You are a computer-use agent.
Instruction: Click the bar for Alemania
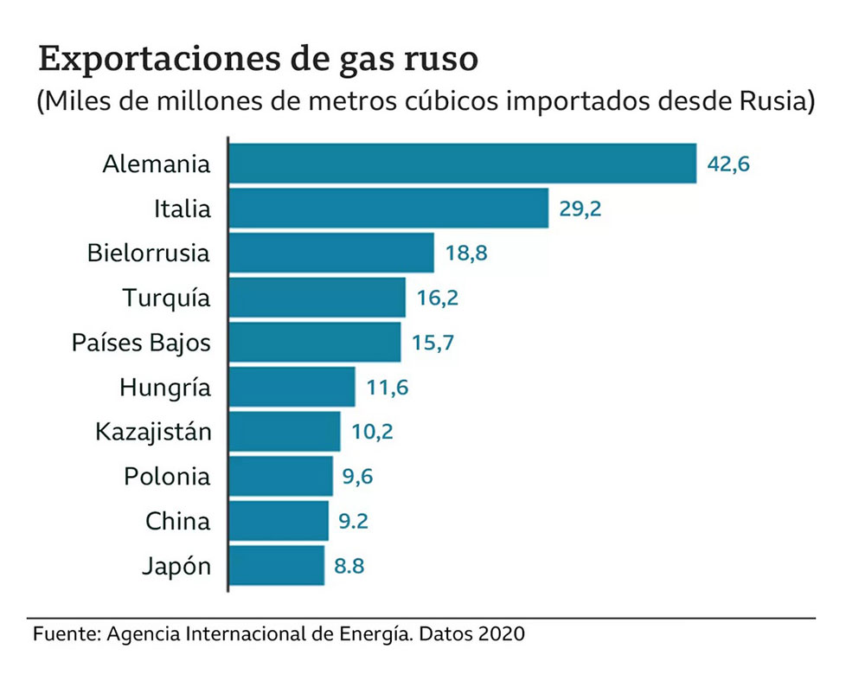click(463, 164)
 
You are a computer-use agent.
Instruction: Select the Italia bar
click(388, 209)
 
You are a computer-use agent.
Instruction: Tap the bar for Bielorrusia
click(331, 254)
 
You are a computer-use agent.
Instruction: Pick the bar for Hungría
click(292, 387)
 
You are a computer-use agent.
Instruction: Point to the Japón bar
click(277, 566)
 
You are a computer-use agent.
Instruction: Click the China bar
click(279, 521)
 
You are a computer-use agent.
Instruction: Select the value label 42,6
click(727, 164)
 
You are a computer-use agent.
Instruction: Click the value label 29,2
click(580, 209)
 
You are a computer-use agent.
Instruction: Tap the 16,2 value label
click(437, 299)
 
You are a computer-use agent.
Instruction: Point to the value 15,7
click(432, 343)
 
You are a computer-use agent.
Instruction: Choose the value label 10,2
click(372, 431)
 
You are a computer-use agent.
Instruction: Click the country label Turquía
click(166, 299)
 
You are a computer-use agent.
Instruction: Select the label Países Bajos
click(141, 343)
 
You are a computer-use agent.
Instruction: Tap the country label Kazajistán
click(153, 431)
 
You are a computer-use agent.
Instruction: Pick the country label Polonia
click(167, 476)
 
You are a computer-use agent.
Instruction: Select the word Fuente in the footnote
click(64, 633)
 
